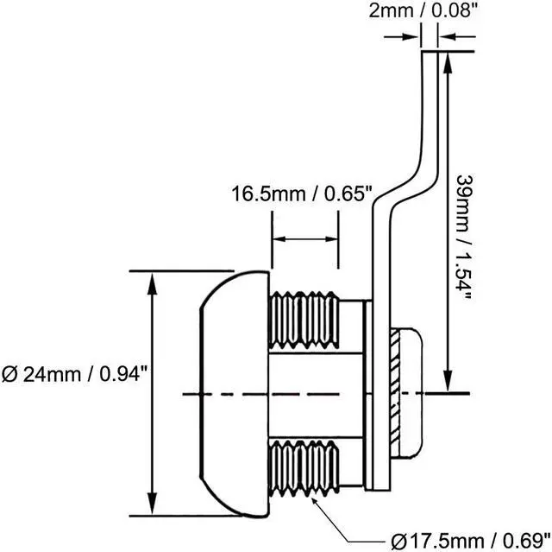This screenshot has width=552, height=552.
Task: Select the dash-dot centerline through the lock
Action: (259, 396)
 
